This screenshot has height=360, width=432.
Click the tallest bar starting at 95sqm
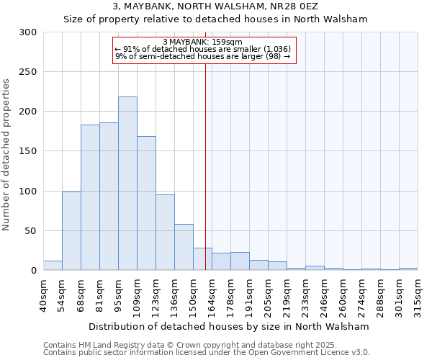pyautogui.click(x=127, y=184)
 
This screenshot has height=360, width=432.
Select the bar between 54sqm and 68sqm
pyautogui.click(x=71, y=230)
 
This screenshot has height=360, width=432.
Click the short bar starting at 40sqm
pyautogui.click(x=53, y=266)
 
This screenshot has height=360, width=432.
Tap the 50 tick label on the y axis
pyautogui.click(x=30, y=231)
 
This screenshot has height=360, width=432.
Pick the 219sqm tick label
pyautogui.click(x=287, y=294)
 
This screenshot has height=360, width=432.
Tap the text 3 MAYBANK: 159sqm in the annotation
pyautogui.click(x=202, y=42)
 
